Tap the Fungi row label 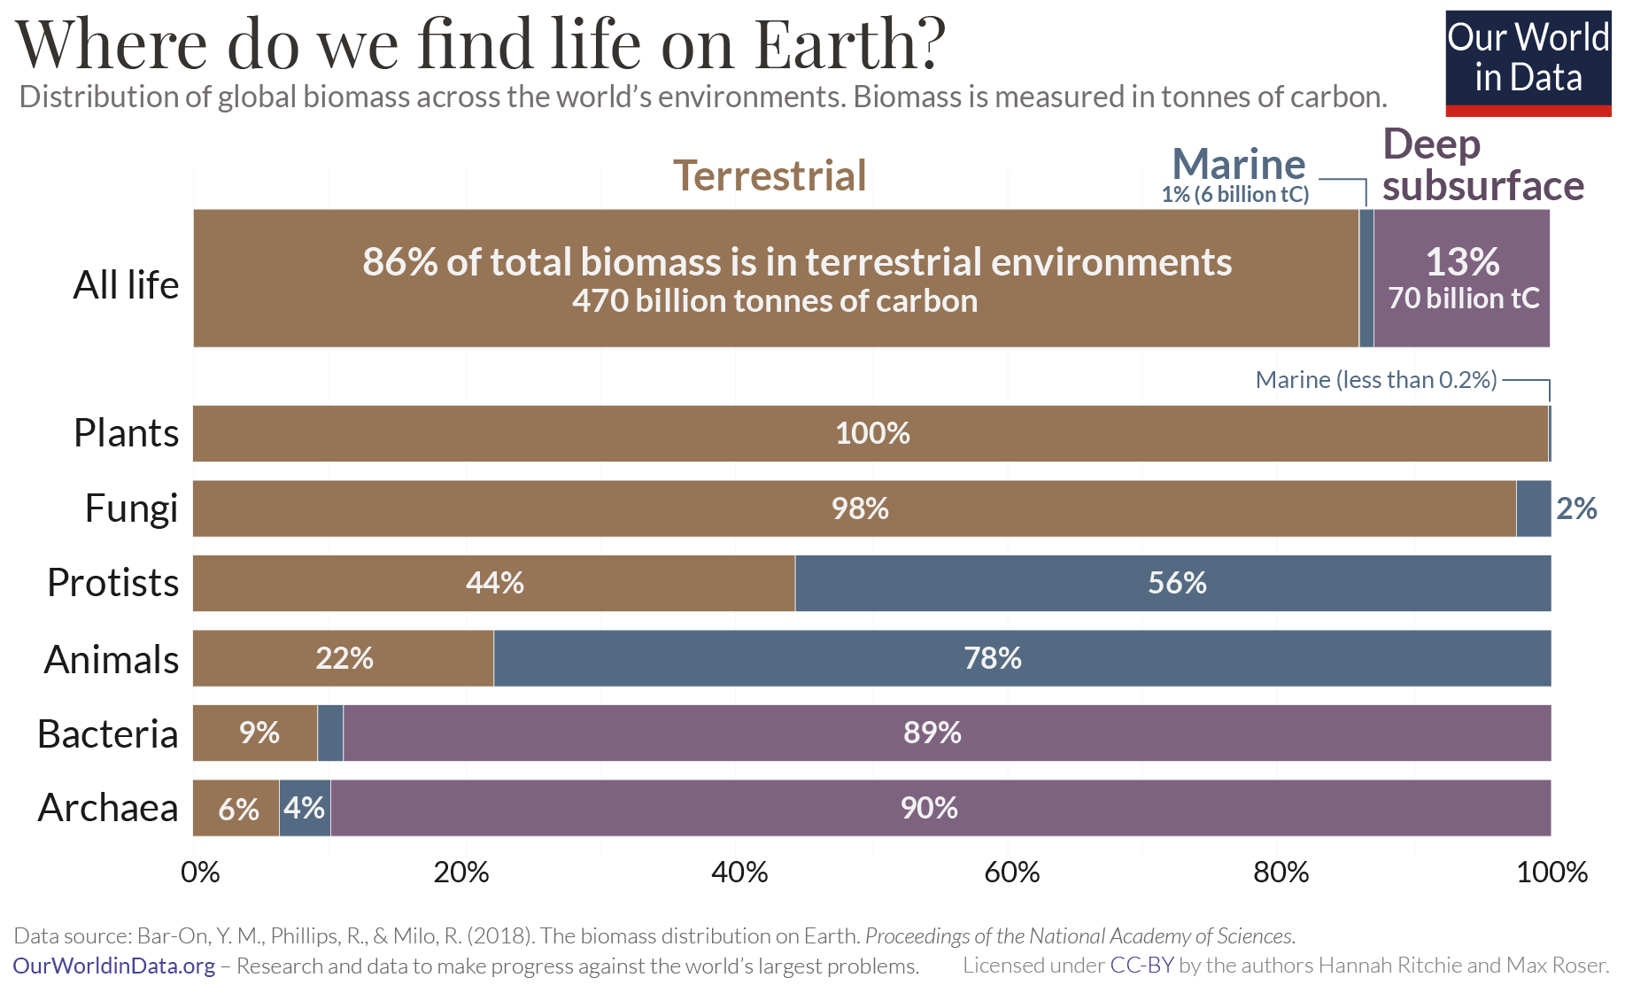point(131,508)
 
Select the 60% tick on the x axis point(1011,873)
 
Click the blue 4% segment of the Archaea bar point(305,808)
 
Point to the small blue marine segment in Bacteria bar point(330,733)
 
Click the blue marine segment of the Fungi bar point(1533,508)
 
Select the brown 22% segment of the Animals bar point(344,658)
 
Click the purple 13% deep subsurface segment point(1461,278)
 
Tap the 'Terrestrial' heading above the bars point(770,175)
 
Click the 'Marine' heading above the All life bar point(1238,165)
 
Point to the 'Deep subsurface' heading point(1482,165)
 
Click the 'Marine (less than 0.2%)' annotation point(1375,380)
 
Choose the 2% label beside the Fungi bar point(1576,508)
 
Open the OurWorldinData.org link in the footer point(114,966)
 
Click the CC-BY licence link point(1141,966)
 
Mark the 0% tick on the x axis point(200,873)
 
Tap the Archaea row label point(108,808)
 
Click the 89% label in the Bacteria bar point(932,733)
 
